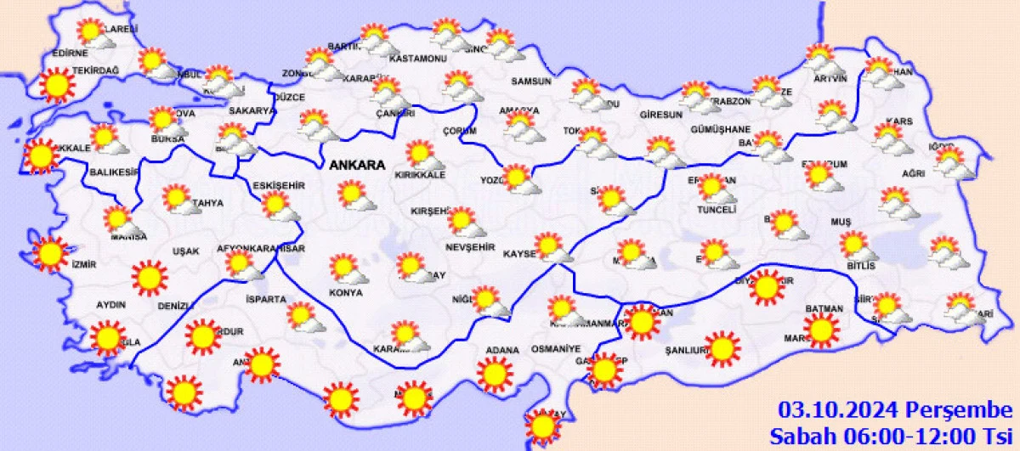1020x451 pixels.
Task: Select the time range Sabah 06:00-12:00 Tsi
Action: coord(895,437)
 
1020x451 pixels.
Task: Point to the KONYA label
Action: coord(346,293)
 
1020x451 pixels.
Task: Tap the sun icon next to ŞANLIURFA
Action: coord(722,348)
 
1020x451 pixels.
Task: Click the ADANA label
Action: coord(502,349)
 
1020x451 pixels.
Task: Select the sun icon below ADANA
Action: coord(495,374)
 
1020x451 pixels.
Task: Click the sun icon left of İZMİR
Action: coord(49,254)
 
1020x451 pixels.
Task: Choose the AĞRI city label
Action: coord(913,173)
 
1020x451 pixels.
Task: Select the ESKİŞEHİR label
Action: coord(279,185)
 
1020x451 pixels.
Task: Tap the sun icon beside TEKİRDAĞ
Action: coord(57,85)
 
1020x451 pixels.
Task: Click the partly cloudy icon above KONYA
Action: coord(347,270)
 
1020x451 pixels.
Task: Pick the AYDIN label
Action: coord(110,305)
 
